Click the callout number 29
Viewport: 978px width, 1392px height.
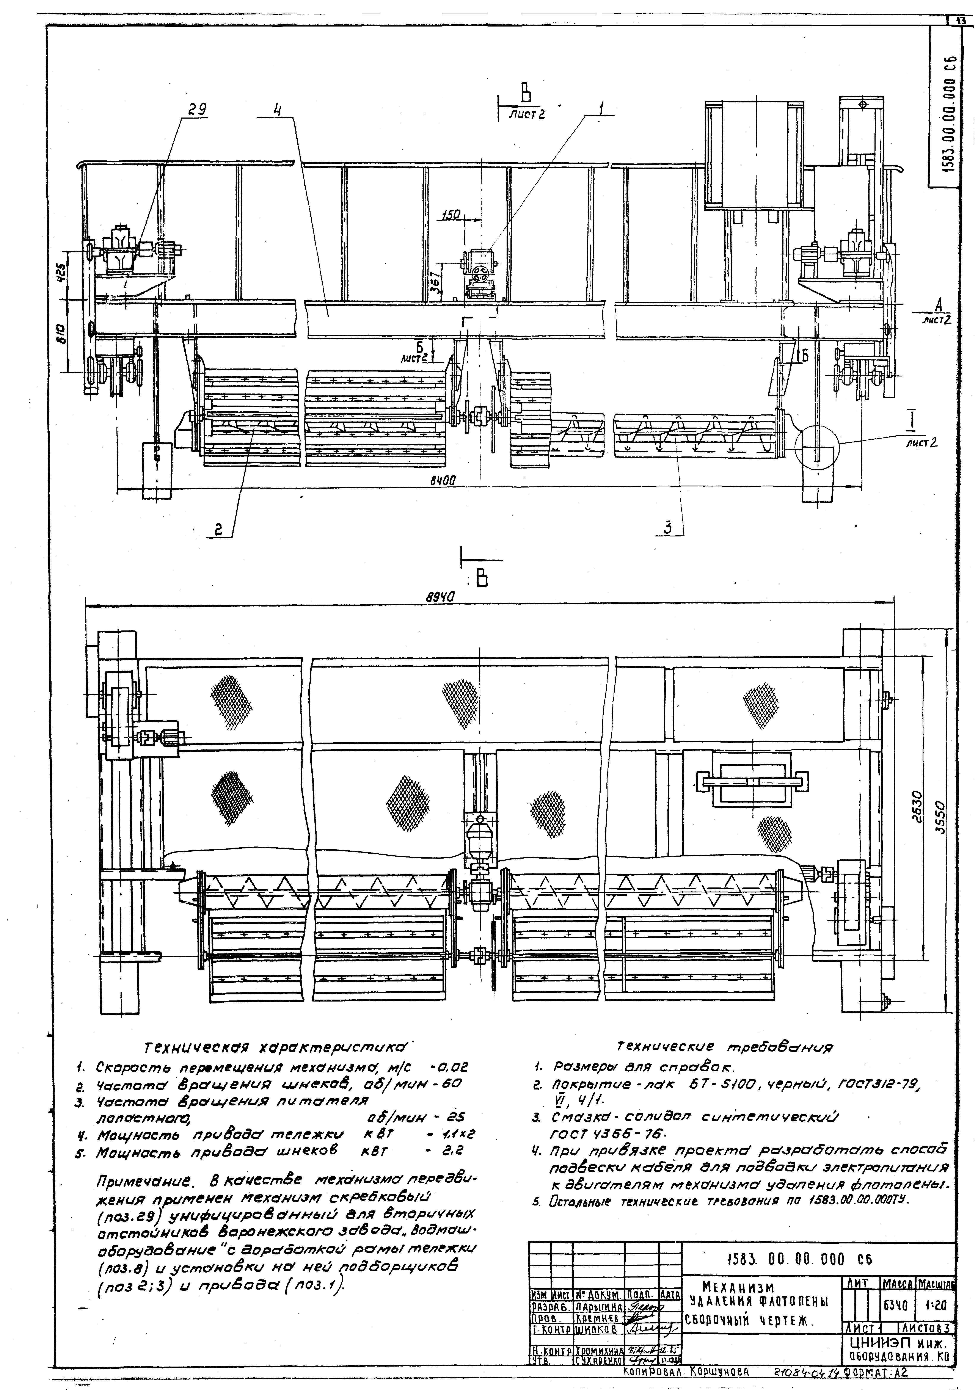(195, 110)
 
